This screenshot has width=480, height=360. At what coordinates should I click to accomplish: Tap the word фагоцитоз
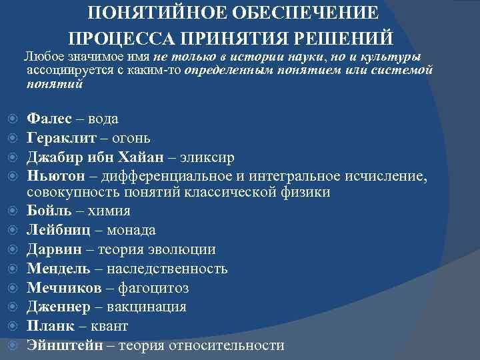click(x=153, y=288)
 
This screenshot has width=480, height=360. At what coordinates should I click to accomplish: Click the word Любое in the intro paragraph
click(x=43, y=57)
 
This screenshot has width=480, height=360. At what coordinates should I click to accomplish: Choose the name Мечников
click(x=63, y=288)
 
